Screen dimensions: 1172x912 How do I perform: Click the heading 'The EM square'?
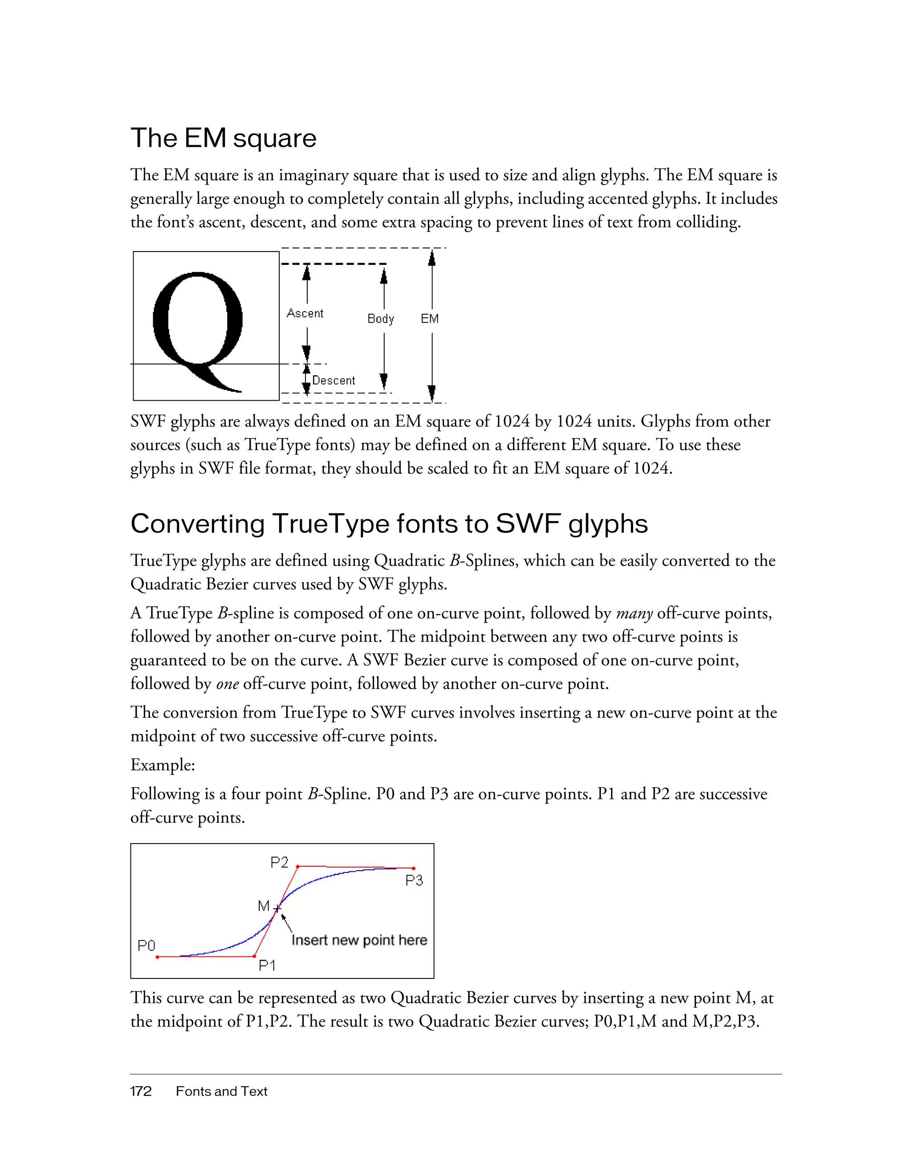pos(223,138)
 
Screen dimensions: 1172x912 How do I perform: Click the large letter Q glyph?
pos(198,327)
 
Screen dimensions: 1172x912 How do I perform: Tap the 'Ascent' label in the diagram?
pos(305,313)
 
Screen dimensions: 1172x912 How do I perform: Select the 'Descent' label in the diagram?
pos(334,381)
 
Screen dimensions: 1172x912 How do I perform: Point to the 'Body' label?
pos(381,319)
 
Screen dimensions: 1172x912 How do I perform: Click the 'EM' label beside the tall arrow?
pos(429,319)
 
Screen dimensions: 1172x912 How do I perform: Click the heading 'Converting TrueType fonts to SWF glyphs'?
pos(389,524)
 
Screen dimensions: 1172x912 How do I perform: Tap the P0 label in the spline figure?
pos(146,945)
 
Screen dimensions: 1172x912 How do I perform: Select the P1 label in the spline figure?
pos(267,965)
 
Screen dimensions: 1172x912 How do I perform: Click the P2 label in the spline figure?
pos(279,862)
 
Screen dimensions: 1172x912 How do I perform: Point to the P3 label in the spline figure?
pos(414,880)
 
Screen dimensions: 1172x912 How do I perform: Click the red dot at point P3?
pos(413,868)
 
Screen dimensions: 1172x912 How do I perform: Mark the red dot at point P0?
pos(157,957)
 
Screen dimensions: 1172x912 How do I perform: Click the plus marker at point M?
pos(277,908)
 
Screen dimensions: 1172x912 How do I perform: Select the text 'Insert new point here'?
pos(359,940)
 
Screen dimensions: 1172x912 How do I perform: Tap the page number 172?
pos(141,1091)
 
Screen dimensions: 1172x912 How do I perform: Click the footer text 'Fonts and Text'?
pos(221,1091)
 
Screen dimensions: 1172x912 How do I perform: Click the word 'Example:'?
pos(163,765)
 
